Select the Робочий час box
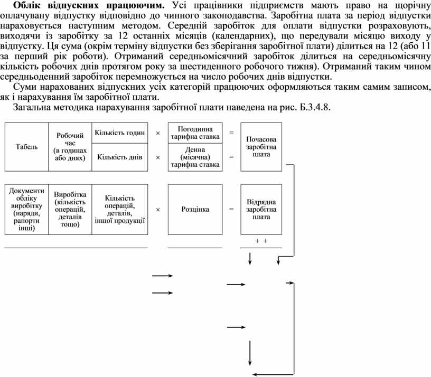click(x=70, y=147)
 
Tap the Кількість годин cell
click(x=119, y=133)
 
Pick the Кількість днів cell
click(x=119, y=157)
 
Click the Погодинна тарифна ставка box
click(x=195, y=133)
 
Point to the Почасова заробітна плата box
click(x=261, y=147)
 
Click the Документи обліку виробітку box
click(x=25, y=209)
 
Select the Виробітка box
click(x=70, y=209)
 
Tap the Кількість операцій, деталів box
click(x=119, y=209)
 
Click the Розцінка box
click(x=195, y=209)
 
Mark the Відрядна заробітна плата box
click(x=261, y=209)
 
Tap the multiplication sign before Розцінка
click(x=157, y=209)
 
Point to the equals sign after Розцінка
click(x=231, y=209)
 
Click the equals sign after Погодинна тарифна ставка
click(x=231, y=133)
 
